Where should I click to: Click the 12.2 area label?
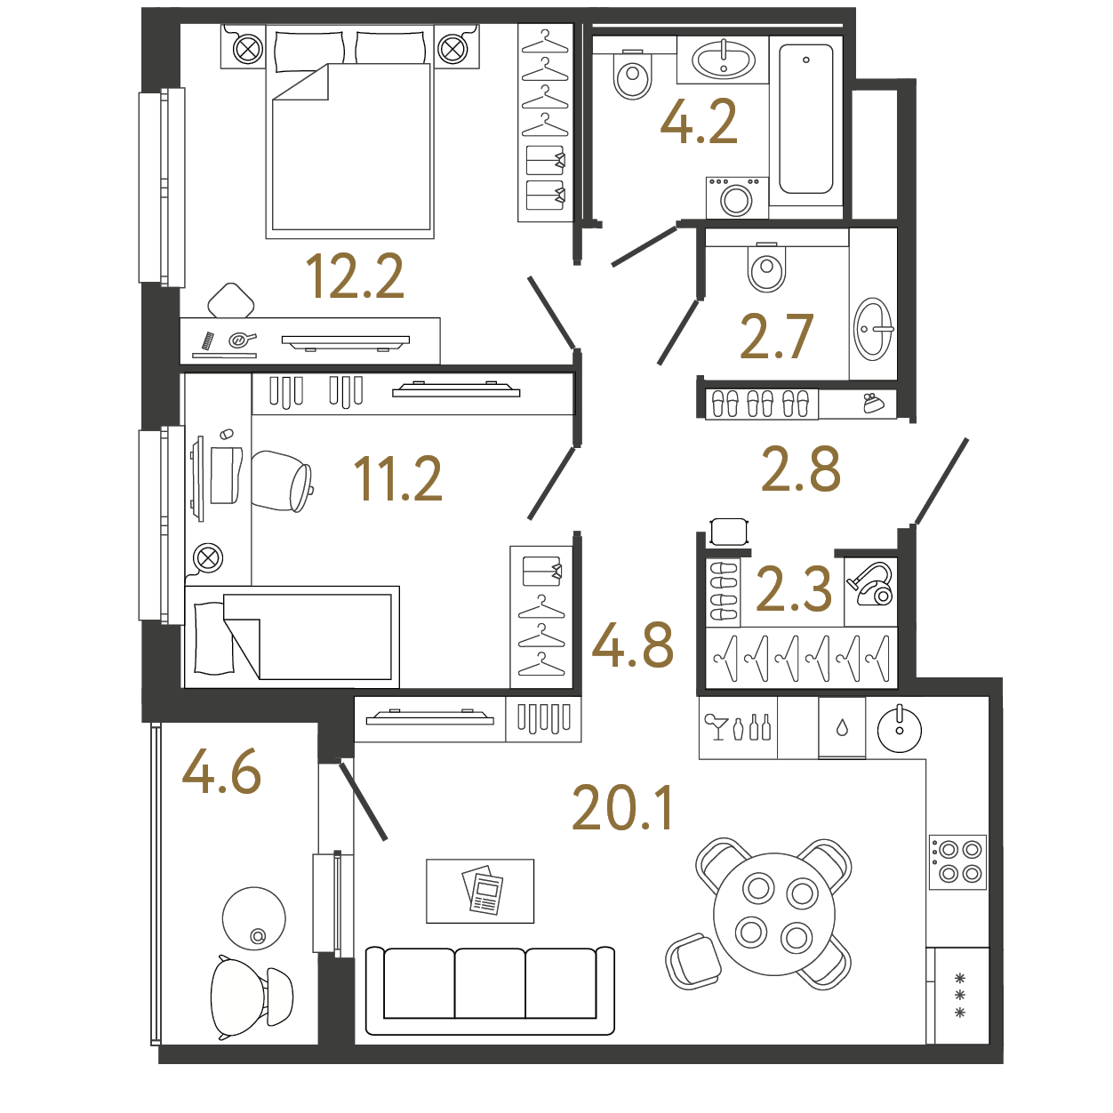pos(354,276)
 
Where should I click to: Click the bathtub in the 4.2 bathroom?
pos(805,119)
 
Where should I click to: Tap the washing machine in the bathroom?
pos(737,197)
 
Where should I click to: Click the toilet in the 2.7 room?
pos(766,267)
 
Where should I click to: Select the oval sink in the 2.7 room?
pos(873,329)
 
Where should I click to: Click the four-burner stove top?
pos(957,861)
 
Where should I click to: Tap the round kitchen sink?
pos(900,730)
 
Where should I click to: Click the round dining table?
pos(774,914)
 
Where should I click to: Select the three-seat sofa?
pos(490,990)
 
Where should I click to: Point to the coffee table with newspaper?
pos(480,891)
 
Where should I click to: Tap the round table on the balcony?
pos(254,918)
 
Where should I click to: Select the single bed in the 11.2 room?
pos(292,637)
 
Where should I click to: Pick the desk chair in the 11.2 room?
pos(282,482)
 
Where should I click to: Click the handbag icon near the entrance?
pos(873,404)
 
